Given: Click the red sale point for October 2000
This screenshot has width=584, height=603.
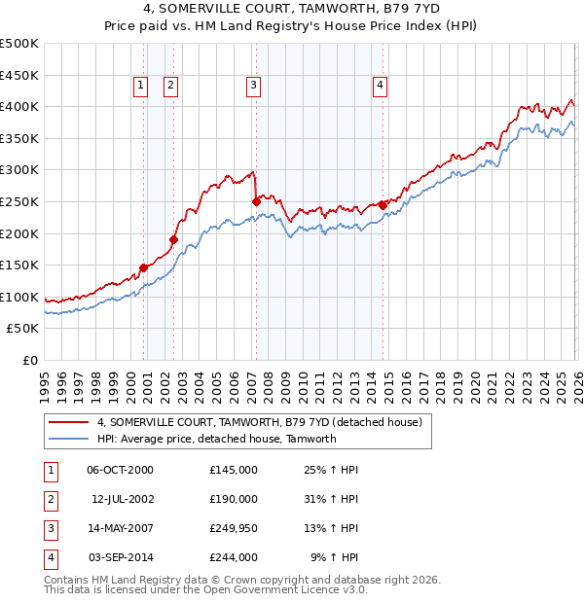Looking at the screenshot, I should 143,267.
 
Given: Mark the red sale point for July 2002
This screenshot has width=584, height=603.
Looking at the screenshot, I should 173,239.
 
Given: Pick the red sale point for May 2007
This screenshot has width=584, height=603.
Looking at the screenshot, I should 256,201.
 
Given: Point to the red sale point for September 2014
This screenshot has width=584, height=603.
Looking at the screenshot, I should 383,205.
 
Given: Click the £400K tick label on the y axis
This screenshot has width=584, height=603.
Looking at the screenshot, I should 19,106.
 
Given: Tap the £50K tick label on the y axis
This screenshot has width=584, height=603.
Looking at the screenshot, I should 23,329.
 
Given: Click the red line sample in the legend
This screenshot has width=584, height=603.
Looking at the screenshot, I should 68,423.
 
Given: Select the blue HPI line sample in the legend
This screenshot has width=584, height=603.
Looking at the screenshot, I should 68,439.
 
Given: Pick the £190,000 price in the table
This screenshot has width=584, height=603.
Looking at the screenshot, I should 234,499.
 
